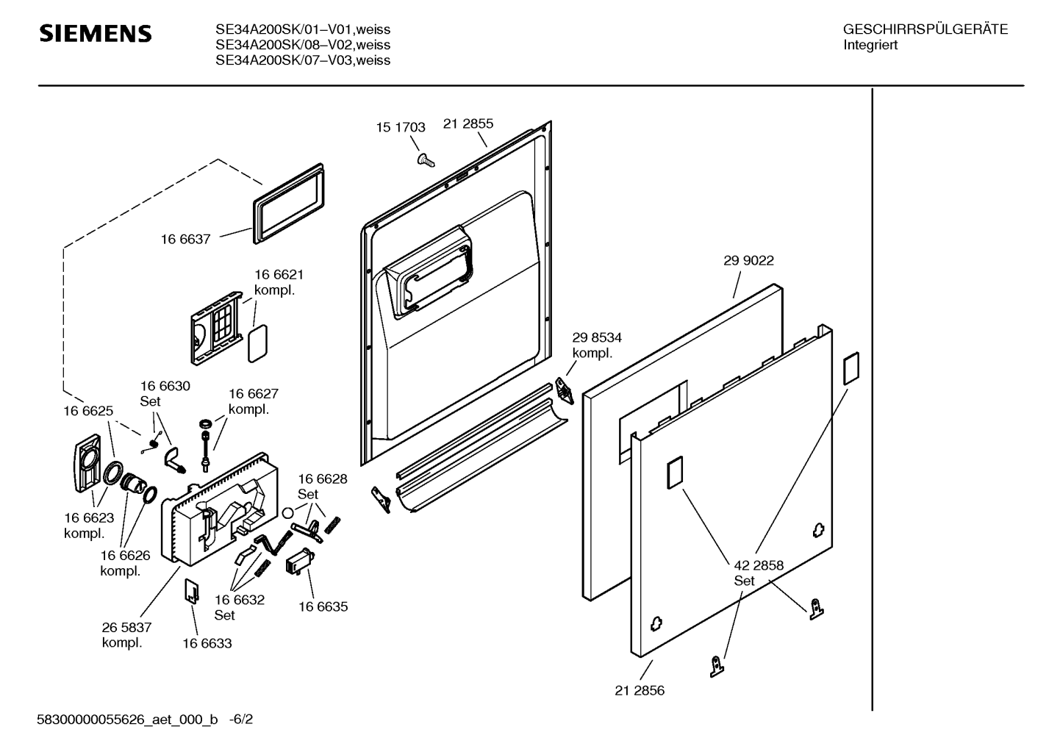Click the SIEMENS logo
click(95, 34)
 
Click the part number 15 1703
click(401, 127)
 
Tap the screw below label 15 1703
click(421, 158)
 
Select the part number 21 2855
click(468, 123)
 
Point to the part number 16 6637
click(186, 239)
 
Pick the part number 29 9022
click(748, 260)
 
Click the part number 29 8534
click(597, 337)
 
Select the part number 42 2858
click(759, 565)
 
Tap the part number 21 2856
click(640, 690)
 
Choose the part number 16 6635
click(323, 606)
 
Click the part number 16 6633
click(207, 643)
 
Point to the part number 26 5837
click(126, 627)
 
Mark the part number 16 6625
click(88, 411)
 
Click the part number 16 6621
click(279, 274)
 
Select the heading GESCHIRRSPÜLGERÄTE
click(925, 29)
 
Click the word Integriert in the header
click(870, 45)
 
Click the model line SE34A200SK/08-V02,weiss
click(303, 45)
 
